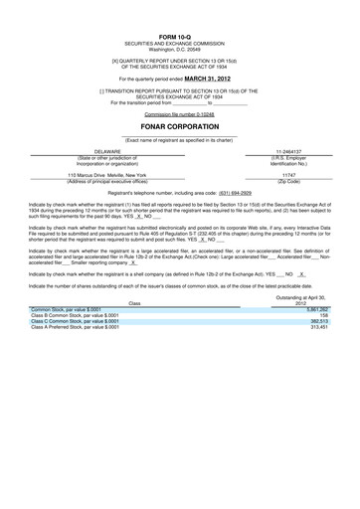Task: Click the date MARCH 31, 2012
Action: pyautogui.click(x=209, y=77)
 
